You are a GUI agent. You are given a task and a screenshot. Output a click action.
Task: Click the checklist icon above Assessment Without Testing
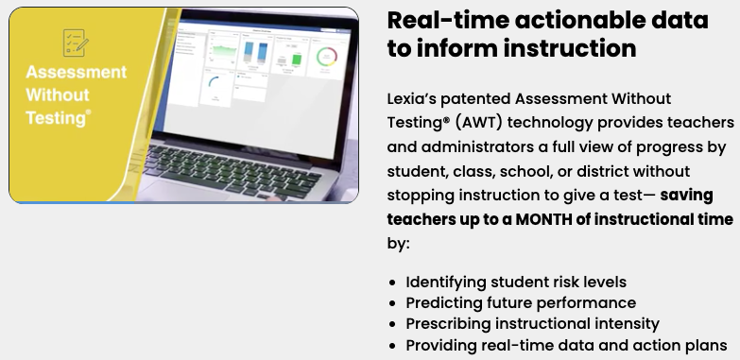pos(76,43)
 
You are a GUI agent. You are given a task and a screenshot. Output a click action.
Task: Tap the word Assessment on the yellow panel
pos(76,74)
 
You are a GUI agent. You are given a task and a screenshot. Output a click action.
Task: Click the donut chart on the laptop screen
pos(327,58)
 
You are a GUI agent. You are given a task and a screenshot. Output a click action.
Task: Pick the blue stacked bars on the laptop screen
pos(252,55)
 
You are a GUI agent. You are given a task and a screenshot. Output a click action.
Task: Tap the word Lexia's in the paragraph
pos(415,98)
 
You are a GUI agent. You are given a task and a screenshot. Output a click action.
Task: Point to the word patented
pos(486,98)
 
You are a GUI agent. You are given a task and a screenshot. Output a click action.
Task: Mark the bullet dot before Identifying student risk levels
pos(393,283)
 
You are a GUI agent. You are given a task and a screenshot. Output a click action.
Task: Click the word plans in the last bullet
pos(706,345)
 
